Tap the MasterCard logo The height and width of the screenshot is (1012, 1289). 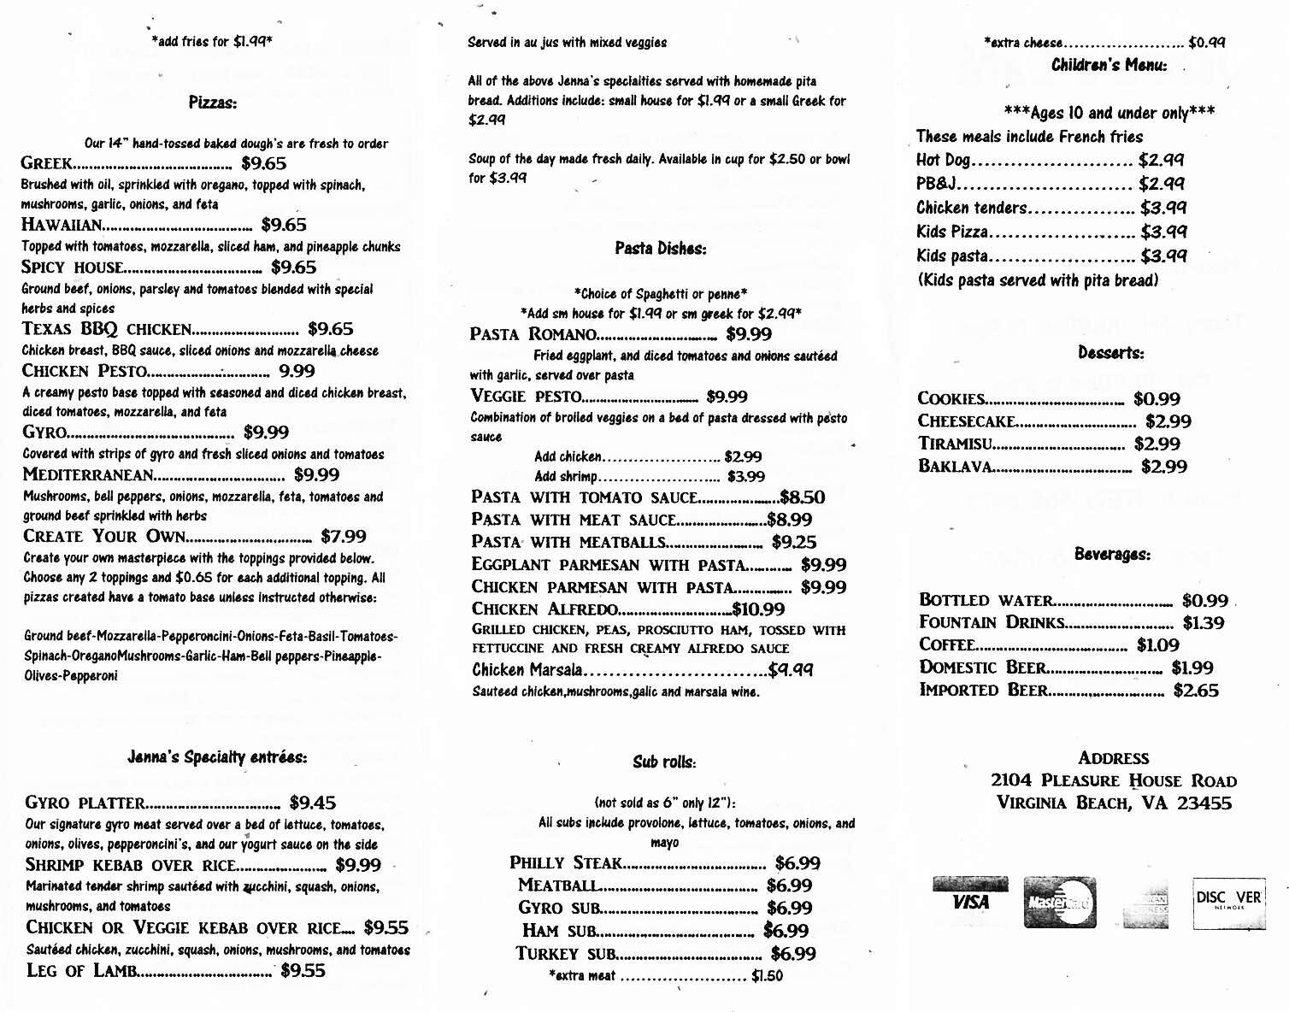(x=1059, y=902)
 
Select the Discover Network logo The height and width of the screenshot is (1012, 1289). (x=1228, y=902)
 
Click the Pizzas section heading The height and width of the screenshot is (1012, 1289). (x=212, y=103)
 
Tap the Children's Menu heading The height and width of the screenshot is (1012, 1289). (x=1109, y=65)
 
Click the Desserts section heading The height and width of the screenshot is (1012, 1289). (x=1110, y=353)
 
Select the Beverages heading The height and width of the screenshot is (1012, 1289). (x=1112, y=554)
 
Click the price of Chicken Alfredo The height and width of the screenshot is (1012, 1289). (x=758, y=609)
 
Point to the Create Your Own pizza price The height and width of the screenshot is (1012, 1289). (x=343, y=537)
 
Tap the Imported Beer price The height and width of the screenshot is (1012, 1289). (x=1196, y=691)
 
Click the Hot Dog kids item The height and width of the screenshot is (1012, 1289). (x=943, y=160)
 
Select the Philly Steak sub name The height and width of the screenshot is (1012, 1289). (x=565, y=863)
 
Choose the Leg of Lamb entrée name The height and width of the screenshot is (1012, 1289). (x=80, y=970)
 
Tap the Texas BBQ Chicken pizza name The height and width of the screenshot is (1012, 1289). (x=106, y=329)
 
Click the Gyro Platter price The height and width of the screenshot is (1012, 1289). (x=313, y=803)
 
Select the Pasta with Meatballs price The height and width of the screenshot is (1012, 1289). (x=794, y=543)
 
